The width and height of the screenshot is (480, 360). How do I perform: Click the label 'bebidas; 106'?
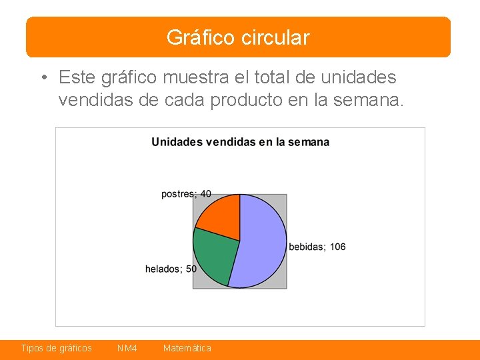(317, 247)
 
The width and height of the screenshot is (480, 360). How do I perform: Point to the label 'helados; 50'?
(171, 269)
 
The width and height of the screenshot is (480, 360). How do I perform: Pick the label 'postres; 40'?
(186, 194)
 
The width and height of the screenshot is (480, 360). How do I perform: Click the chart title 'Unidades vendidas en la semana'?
(240, 141)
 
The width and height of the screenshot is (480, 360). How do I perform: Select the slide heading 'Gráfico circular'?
(238, 37)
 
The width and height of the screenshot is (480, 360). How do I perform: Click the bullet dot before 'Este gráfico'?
(42, 78)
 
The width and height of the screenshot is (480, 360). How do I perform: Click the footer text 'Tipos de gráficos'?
(57, 348)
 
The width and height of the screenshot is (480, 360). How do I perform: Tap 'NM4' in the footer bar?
(127, 348)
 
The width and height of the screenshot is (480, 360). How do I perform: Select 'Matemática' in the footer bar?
(187, 348)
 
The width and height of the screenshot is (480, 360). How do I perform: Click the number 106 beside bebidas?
(337, 247)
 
